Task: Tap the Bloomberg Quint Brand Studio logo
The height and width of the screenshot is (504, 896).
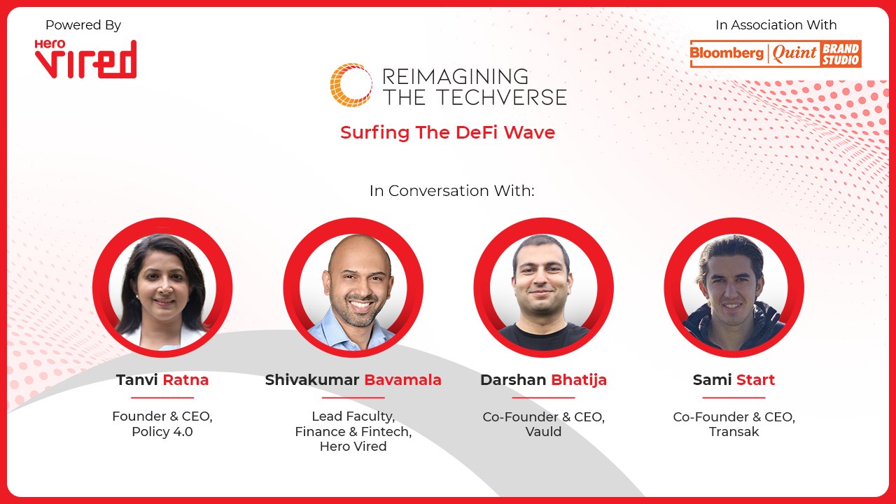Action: point(776,54)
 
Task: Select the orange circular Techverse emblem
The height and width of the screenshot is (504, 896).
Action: point(351,85)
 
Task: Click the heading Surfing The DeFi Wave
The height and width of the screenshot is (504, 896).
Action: point(447,132)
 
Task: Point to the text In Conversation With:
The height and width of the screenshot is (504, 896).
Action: point(451,190)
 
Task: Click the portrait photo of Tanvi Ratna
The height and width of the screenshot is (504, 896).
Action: point(162,288)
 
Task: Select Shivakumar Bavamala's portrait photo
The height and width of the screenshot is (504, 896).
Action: point(353,288)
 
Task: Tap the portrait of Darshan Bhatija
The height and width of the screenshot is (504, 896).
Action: point(543,288)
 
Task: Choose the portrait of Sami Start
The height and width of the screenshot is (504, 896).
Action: point(734,288)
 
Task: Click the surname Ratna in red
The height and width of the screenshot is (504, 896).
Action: point(185,380)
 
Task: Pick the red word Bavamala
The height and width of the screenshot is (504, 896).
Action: point(402,380)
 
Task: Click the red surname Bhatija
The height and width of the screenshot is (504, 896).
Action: point(579,380)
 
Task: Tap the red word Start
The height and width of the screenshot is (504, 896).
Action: point(755,380)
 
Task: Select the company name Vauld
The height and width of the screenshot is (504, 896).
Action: point(543,432)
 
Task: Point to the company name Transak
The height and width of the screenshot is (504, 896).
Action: point(734,432)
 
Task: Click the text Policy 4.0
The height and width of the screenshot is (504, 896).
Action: point(162,432)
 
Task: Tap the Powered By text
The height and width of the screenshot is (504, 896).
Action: point(83,25)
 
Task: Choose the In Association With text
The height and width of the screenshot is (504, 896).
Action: point(776,25)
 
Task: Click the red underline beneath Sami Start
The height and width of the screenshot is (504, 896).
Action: point(734,397)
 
